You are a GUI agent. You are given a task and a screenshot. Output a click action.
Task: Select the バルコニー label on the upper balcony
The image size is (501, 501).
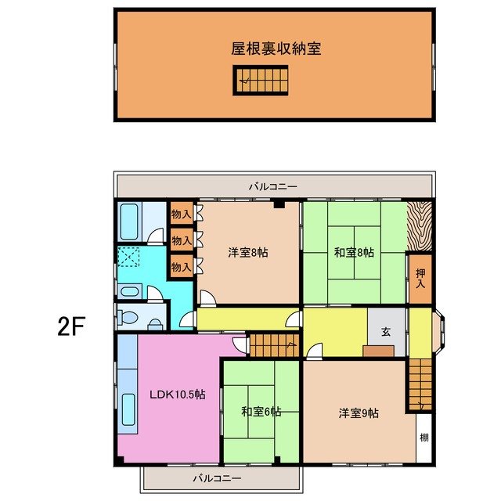[x=272, y=186]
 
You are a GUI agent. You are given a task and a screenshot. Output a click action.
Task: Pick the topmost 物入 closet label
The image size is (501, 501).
[x=181, y=214]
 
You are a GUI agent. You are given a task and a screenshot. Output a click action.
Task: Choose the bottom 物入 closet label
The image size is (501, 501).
[x=181, y=267]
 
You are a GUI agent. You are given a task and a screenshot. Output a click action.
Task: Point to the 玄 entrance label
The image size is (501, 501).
[x=386, y=330]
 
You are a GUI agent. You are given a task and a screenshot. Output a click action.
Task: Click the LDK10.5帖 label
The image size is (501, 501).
[x=178, y=395]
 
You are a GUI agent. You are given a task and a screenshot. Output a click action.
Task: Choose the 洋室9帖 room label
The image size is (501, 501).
[x=359, y=413]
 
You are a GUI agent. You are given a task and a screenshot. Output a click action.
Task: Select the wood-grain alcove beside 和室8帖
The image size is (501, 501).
[x=420, y=225]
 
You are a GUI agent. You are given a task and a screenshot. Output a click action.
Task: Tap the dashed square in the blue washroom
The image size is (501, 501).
[x=128, y=258]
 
